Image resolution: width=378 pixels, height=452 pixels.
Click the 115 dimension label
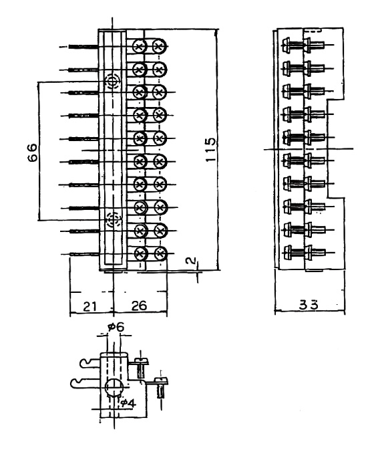[211, 149]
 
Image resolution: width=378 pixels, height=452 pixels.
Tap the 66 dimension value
[33, 152]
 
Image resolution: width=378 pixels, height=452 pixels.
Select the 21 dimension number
[89, 306]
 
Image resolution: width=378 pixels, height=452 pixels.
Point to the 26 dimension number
[139, 306]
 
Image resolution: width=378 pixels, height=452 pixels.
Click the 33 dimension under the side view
[309, 304]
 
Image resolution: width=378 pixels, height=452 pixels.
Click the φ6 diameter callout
[116, 327]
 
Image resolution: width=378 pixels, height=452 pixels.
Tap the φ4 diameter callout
[128, 403]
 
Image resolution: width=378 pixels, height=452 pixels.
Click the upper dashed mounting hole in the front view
[112, 82]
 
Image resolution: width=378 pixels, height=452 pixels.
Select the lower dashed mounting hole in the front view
[113, 220]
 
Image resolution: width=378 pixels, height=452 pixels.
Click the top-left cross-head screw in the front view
[140, 46]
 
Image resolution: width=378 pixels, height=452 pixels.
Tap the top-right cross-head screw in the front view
[159, 46]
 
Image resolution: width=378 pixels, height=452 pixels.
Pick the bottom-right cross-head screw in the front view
[160, 253]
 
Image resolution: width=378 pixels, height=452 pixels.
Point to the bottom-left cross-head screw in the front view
[141, 253]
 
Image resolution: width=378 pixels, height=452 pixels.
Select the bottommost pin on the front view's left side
[84, 254]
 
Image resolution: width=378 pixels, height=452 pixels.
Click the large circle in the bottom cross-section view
[114, 387]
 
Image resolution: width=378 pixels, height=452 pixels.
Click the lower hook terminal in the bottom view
[85, 382]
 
